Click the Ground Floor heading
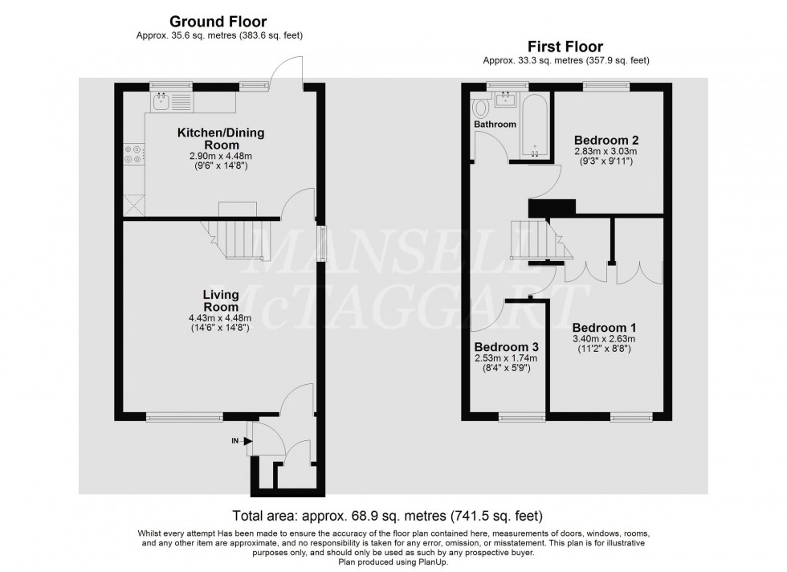(218, 22)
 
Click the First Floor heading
(565, 47)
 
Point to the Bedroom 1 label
(604, 328)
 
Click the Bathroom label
(494, 125)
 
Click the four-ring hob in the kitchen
(133, 153)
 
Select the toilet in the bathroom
(483, 107)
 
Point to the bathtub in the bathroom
(535, 125)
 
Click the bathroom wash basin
(507, 99)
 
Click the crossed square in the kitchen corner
(133, 204)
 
